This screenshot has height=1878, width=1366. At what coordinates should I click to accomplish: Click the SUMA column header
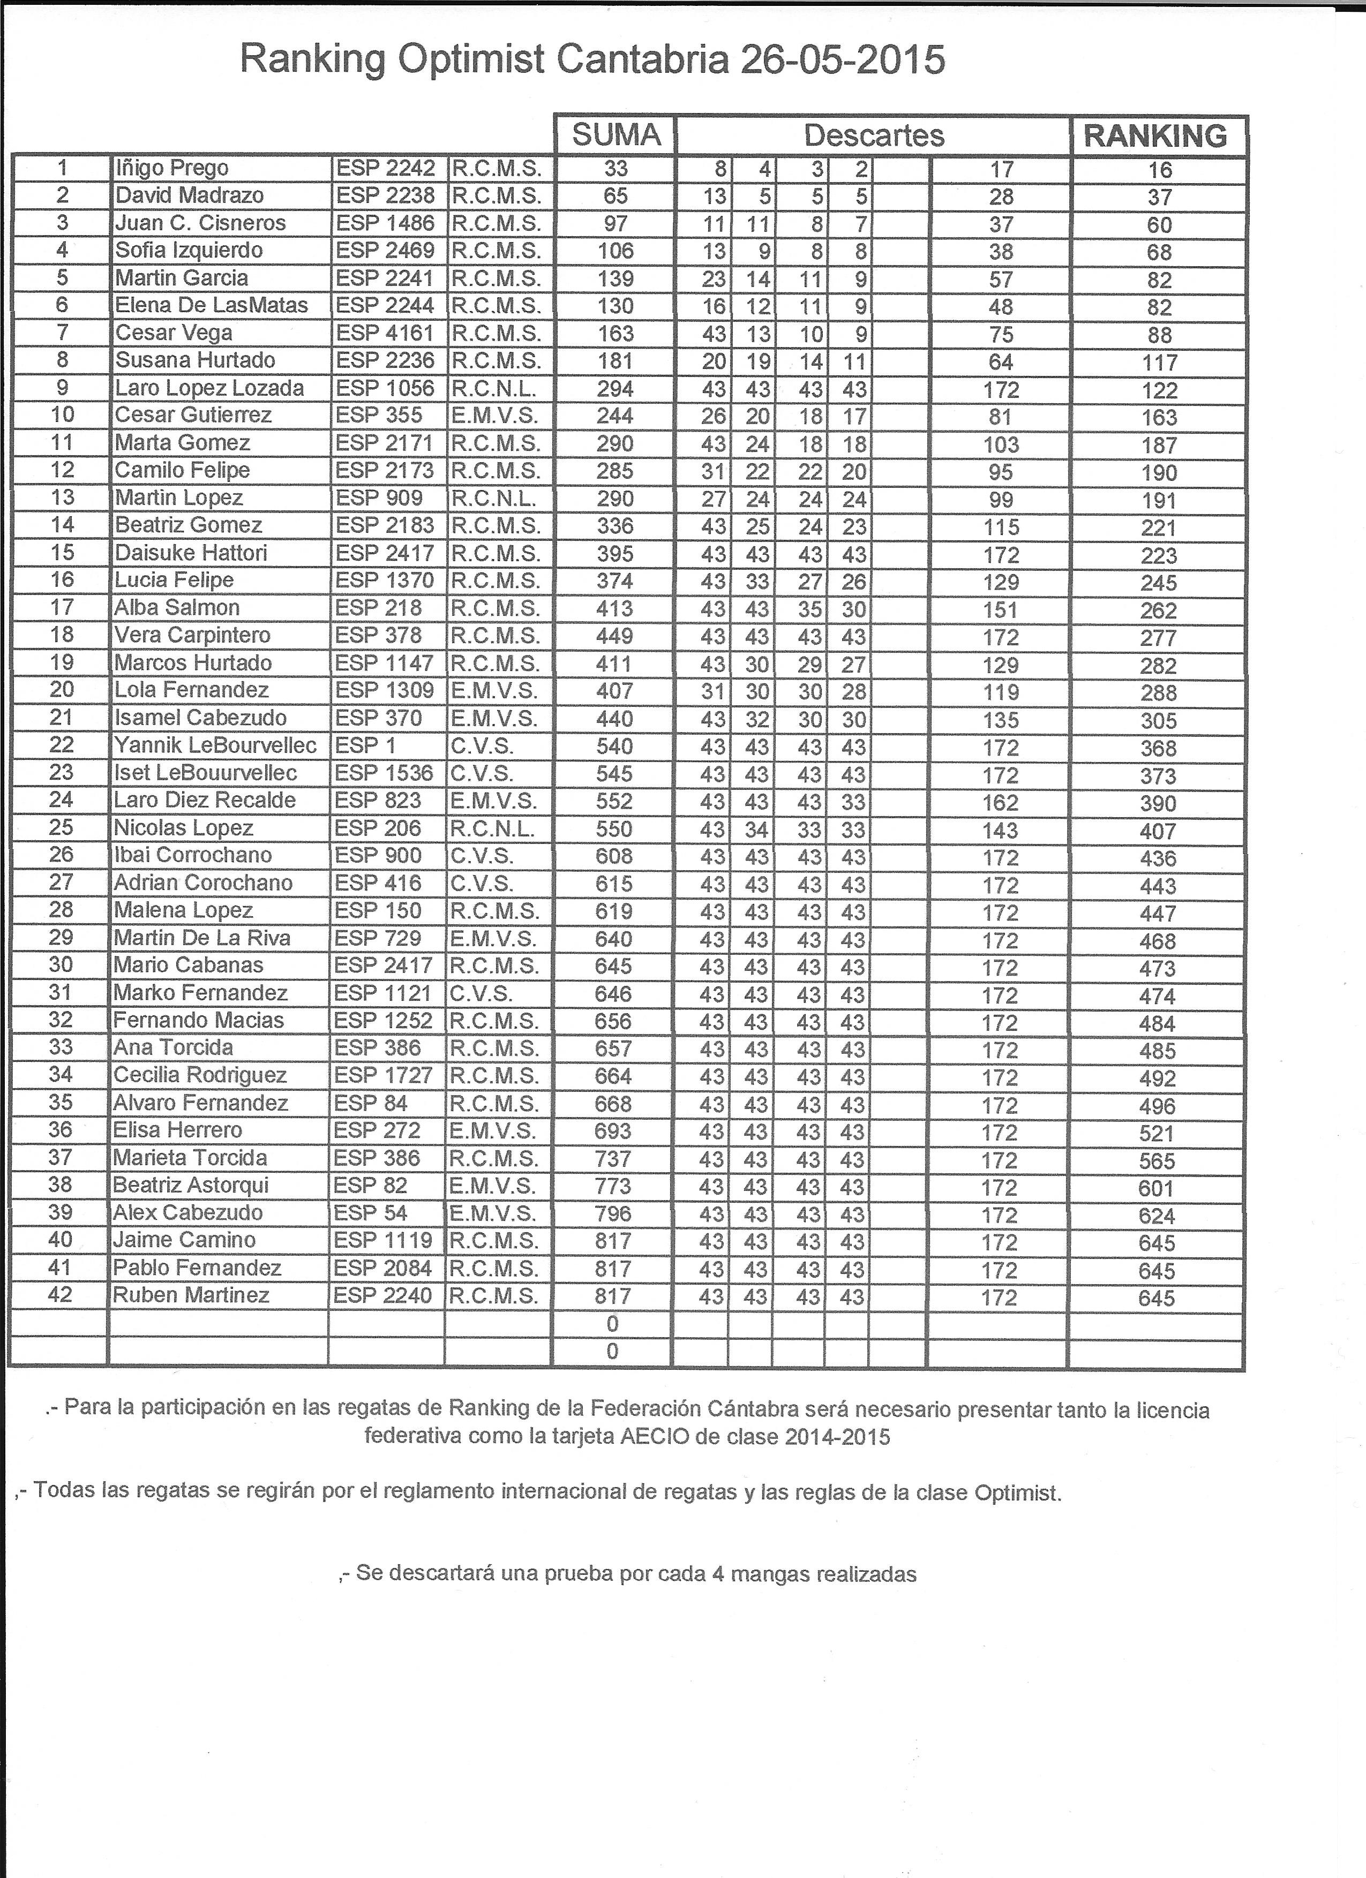pyautogui.click(x=617, y=135)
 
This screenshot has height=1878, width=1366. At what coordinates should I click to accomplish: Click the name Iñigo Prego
pyautogui.click(x=171, y=168)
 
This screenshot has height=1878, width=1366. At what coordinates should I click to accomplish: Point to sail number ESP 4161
pyautogui.click(x=385, y=333)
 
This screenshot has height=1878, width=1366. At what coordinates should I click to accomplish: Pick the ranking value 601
pyautogui.click(x=1157, y=1188)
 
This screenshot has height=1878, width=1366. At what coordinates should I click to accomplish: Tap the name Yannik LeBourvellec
pyautogui.click(x=215, y=745)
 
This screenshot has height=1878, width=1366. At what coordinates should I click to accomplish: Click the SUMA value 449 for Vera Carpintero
pyautogui.click(x=614, y=636)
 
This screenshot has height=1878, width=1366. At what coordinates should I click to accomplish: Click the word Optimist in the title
pyautogui.click(x=469, y=61)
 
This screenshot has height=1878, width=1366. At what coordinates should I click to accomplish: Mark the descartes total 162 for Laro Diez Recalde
pyautogui.click(x=1000, y=802)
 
